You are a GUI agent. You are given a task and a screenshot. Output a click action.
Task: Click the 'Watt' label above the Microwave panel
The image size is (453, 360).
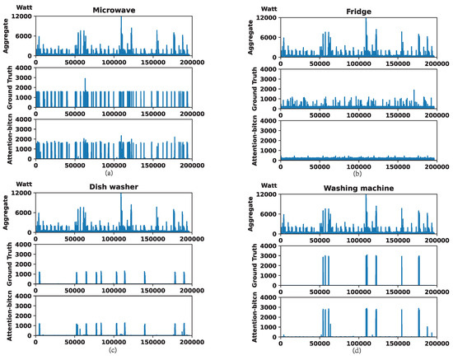click(x=16, y=10)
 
